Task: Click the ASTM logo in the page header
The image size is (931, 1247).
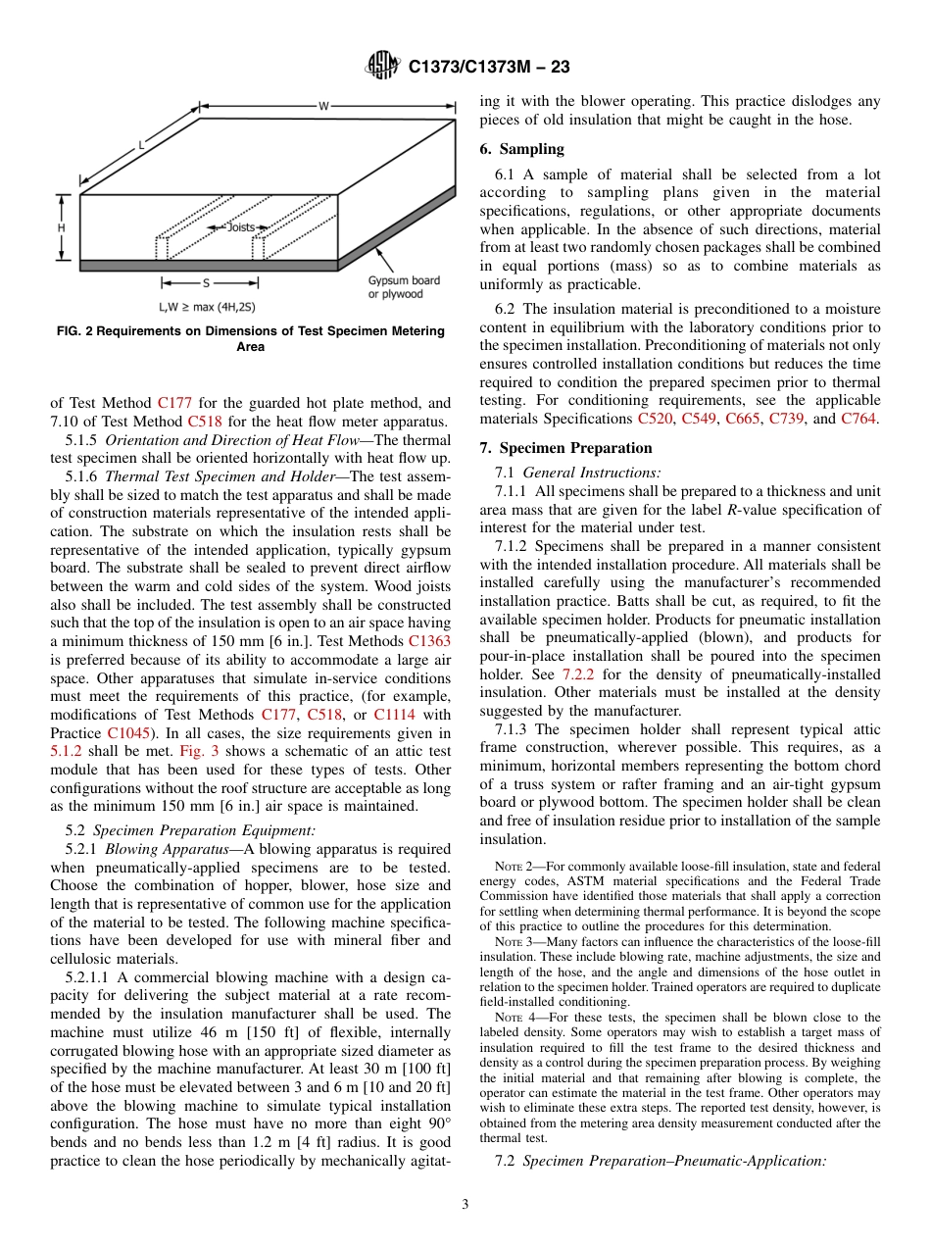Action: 382,67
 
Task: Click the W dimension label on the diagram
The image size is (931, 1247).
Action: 323,106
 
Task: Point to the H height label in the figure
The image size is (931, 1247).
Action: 61,227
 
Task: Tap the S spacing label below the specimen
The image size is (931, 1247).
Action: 206,283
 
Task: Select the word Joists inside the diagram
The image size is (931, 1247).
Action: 240,227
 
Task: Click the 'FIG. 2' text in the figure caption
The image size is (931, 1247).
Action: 75,331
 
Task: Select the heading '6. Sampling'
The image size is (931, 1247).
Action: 521,149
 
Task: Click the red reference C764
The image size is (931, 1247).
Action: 859,419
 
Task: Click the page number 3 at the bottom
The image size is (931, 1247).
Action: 465,1204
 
